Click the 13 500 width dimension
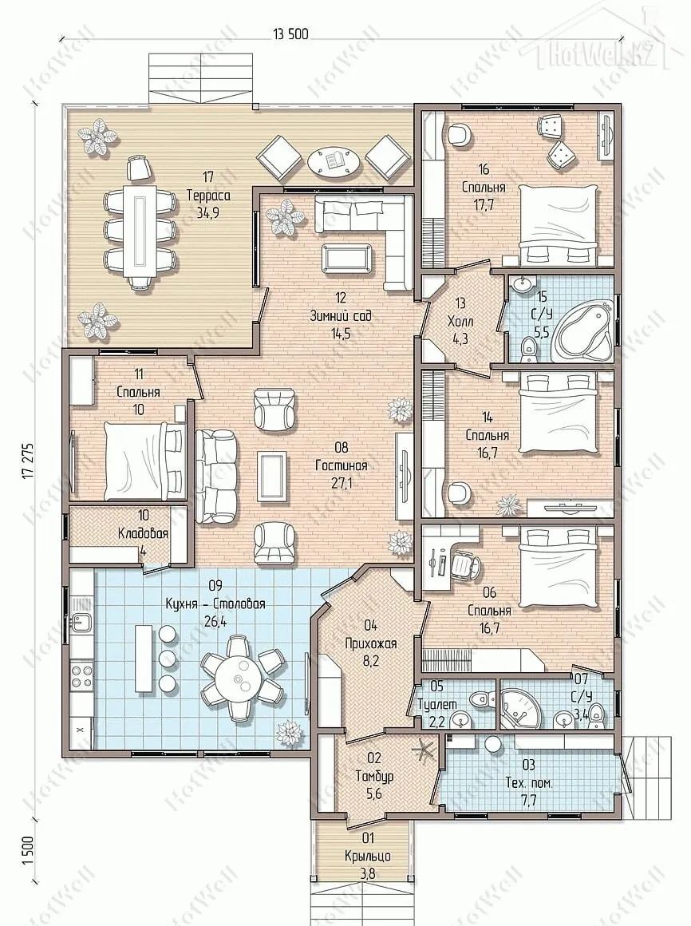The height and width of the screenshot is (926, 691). [x=291, y=34]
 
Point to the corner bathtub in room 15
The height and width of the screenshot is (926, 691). [x=581, y=330]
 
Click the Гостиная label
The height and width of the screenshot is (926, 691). [x=341, y=466]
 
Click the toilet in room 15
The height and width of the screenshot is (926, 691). [x=529, y=348]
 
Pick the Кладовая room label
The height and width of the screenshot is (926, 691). [x=144, y=533]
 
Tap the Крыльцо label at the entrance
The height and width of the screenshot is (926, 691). [x=368, y=857]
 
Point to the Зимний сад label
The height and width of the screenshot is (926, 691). [x=341, y=315]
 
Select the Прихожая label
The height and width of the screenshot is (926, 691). [x=370, y=643]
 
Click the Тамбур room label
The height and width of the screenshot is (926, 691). [x=374, y=776]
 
